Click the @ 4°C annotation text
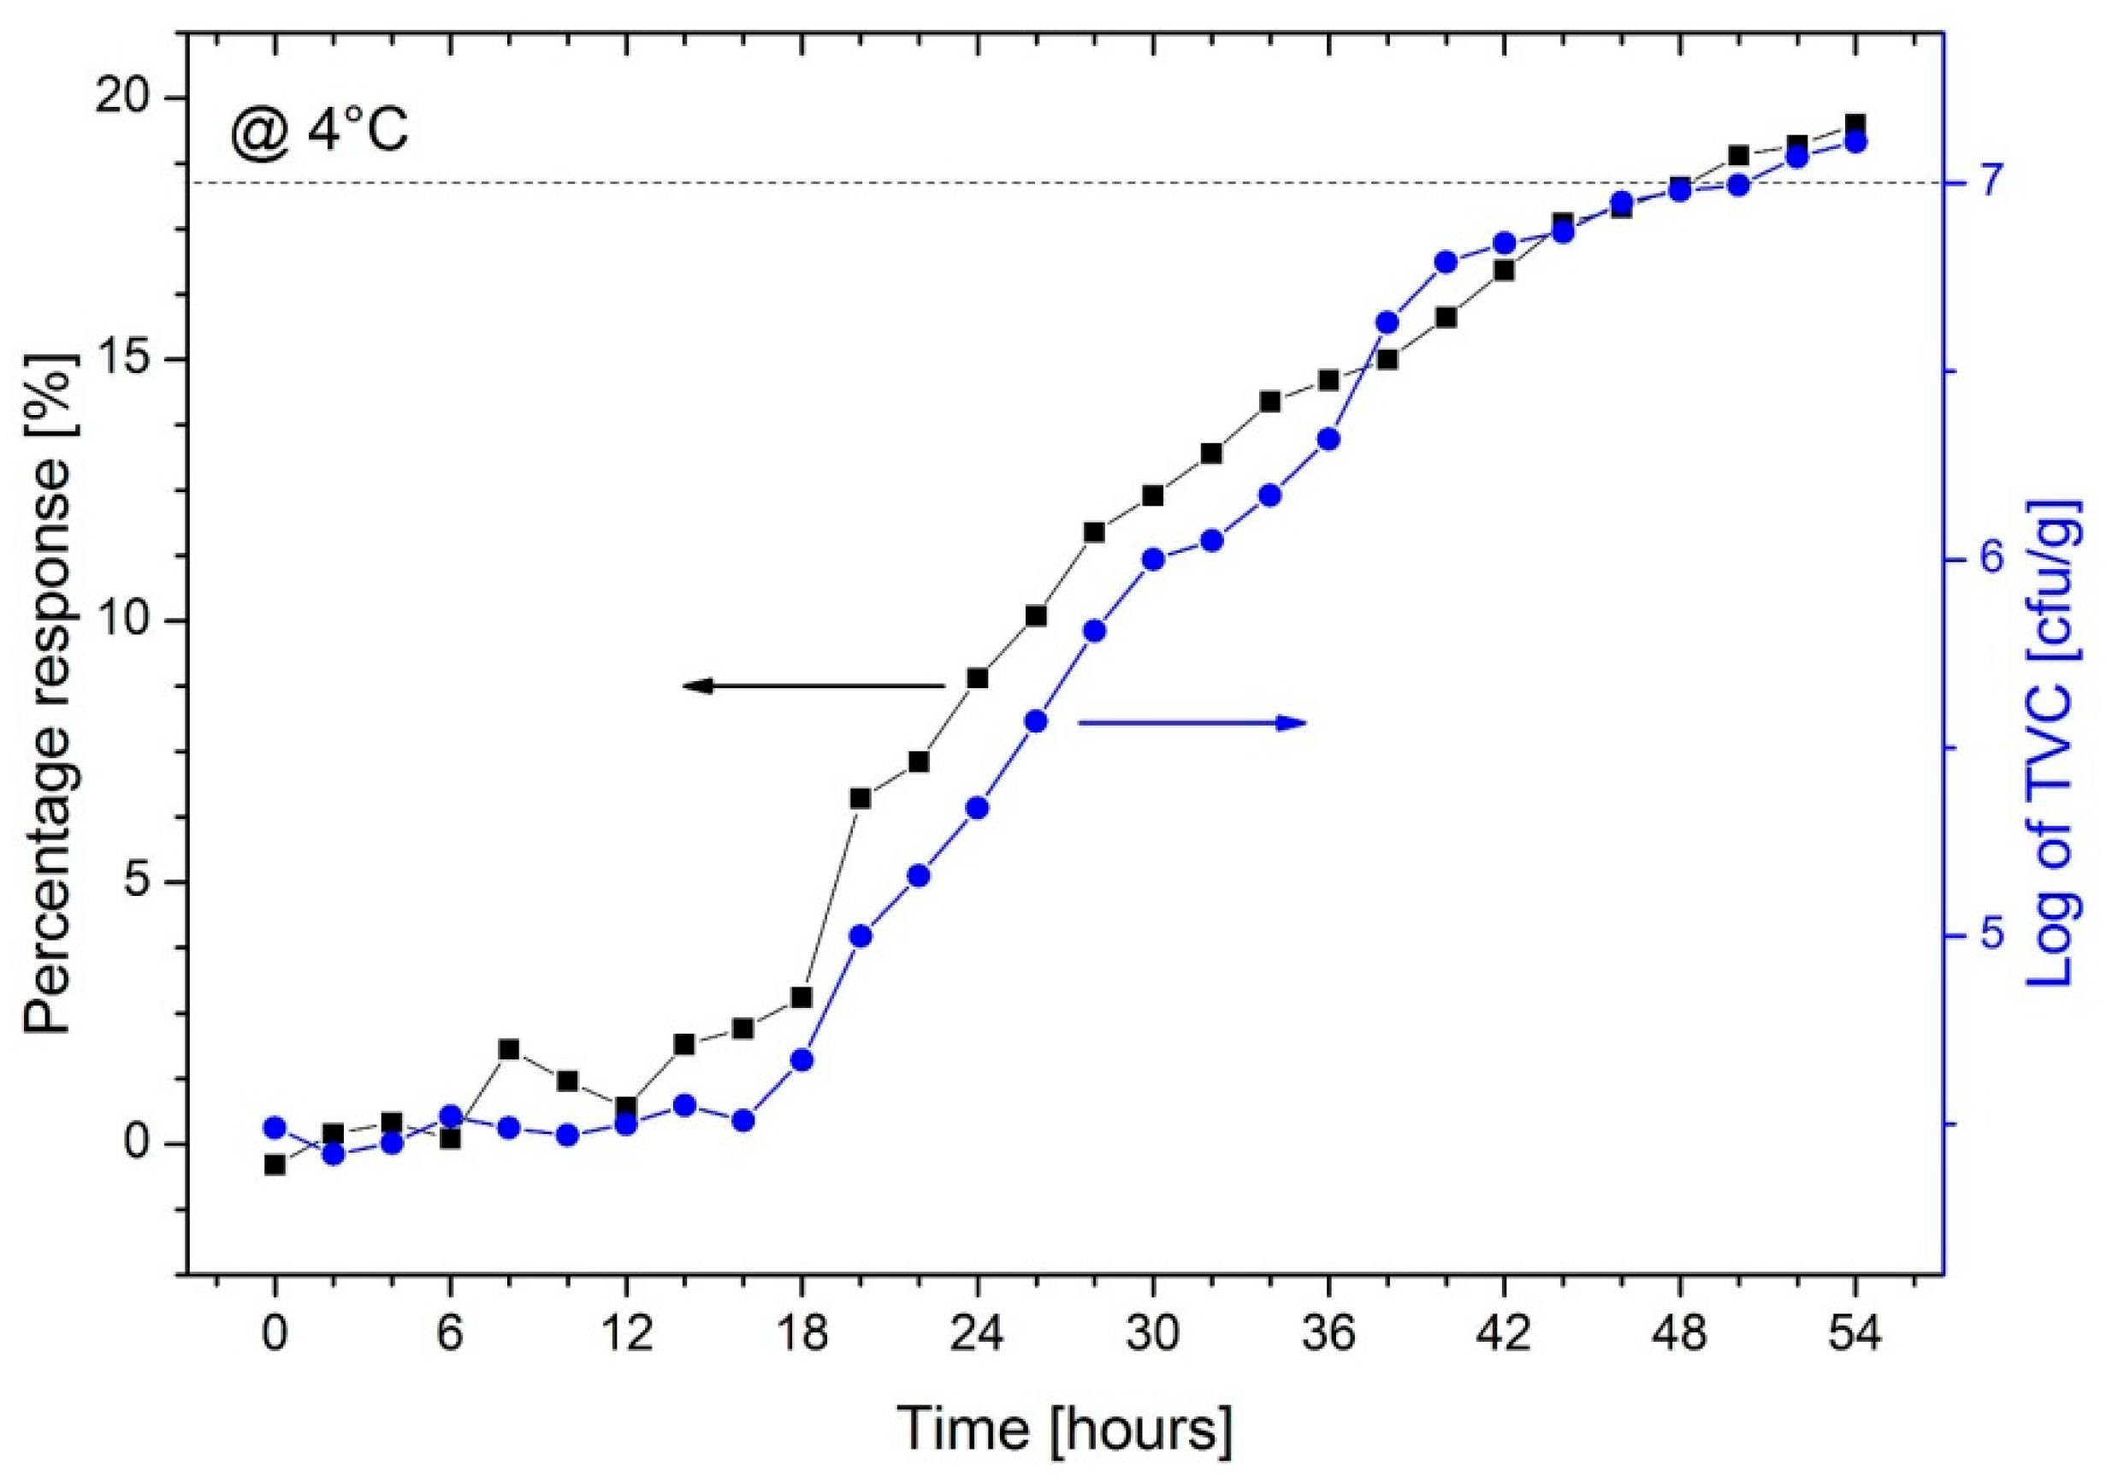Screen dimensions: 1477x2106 [319, 131]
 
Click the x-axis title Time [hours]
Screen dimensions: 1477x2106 [1064, 1429]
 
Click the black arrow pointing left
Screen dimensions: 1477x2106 [813, 685]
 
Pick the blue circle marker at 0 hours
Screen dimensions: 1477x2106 [274, 1128]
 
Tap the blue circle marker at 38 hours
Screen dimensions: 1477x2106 [1387, 323]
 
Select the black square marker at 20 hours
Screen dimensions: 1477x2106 [861, 798]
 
